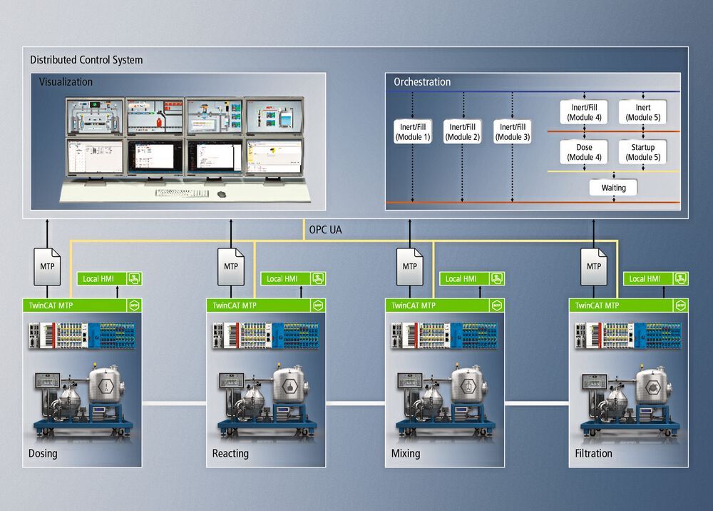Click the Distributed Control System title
(x=86, y=60)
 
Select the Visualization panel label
(x=66, y=82)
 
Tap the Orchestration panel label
(x=422, y=82)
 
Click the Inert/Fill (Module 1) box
(x=414, y=132)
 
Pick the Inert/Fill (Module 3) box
(x=513, y=132)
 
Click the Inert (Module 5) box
(x=643, y=112)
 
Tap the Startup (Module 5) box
(x=643, y=152)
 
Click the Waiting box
(x=613, y=188)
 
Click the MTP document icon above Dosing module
(x=48, y=265)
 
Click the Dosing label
(x=43, y=453)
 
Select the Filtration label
(x=593, y=453)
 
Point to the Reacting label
(x=230, y=453)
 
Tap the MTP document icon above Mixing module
(x=409, y=265)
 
